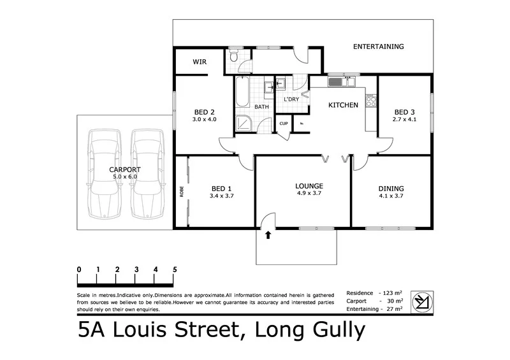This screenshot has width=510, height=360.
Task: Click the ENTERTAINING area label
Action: tap(378, 47)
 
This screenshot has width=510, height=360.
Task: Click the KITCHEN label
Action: tap(343, 105)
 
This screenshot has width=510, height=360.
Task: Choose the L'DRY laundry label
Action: tap(291, 99)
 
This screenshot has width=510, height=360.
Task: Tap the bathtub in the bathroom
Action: tap(242, 93)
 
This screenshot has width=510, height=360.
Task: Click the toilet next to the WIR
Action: tap(234, 57)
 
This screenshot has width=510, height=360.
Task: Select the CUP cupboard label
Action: tap(283, 124)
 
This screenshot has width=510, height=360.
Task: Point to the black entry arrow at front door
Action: tap(268, 235)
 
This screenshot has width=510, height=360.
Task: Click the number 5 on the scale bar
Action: tap(174, 270)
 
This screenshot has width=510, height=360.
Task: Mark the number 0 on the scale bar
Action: tap(78, 270)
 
